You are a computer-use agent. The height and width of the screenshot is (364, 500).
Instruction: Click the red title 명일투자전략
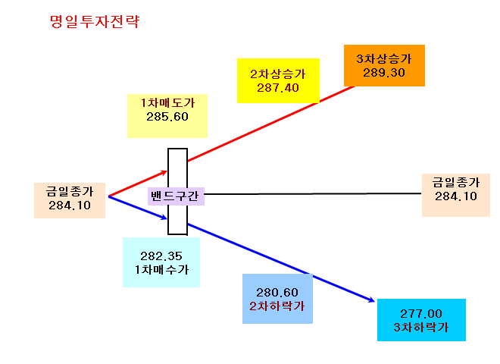tap(95, 22)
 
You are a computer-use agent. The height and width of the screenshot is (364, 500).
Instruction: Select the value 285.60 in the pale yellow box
tap(167, 117)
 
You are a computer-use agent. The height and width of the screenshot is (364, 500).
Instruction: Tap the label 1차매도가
tap(167, 103)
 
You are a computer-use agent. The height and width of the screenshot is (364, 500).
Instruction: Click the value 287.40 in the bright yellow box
tap(278, 88)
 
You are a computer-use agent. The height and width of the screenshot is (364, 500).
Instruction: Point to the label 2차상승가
tap(278, 74)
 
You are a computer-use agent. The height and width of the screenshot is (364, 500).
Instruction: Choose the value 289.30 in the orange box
tap(384, 73)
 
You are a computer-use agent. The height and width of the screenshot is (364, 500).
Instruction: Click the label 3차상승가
tap(384, 58)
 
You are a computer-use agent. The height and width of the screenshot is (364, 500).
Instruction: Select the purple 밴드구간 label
tap(175, 196)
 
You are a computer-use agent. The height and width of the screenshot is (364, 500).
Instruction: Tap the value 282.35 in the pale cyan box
tap(161, 256)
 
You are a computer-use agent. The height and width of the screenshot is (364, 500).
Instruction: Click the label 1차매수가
tap(161, 270)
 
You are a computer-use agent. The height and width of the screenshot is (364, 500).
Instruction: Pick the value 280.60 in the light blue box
tap(277, 293)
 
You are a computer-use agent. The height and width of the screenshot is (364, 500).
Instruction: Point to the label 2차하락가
tap(277, 306)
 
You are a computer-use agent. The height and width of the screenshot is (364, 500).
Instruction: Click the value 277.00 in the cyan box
tap(421, 314)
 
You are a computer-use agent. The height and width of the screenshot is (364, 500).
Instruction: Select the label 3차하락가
tap(421, 328)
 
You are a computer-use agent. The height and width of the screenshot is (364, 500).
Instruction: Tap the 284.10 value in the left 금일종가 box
tap(70, 206)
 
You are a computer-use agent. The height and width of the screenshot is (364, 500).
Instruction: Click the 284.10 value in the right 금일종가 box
tap(456, 196)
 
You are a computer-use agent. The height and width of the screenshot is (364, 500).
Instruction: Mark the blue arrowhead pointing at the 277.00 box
tap(372, 300)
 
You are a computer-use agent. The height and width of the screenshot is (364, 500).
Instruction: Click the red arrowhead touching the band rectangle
tap(164, 173)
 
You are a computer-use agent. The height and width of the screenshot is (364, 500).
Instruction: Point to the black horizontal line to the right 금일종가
tap(313, 193)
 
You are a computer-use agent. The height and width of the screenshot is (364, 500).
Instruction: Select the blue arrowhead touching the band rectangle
tap(164, 218)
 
